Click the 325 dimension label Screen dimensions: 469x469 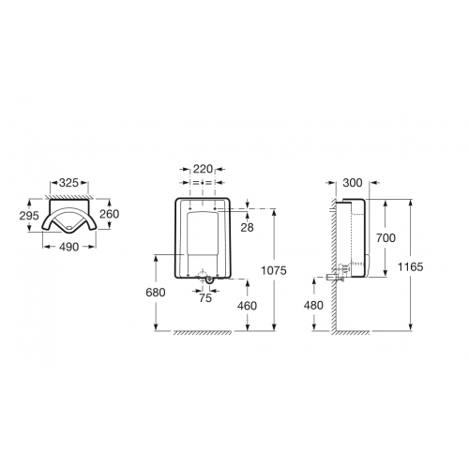pyautogui.click(x=68, y=183)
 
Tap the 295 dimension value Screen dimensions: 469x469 pyautogui.click(x=29, y=216)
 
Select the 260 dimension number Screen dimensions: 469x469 pyautogui.click(x=110, y=214)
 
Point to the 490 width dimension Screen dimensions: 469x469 pyautogui.click(x=69, y=247)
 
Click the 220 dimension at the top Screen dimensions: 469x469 pyautogui.click(x=203, y=169)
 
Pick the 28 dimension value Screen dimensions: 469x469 pyautogui.click(x=247, y=228)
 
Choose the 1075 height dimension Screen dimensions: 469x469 pyautogui.click(x=274, y=270)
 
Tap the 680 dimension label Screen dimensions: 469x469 pyautogui.click(x=156, y=293)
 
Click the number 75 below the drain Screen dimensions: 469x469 pyautogui.click(x=205, y=298)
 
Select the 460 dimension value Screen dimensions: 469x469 pyautogui.click(x=247, y=306)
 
